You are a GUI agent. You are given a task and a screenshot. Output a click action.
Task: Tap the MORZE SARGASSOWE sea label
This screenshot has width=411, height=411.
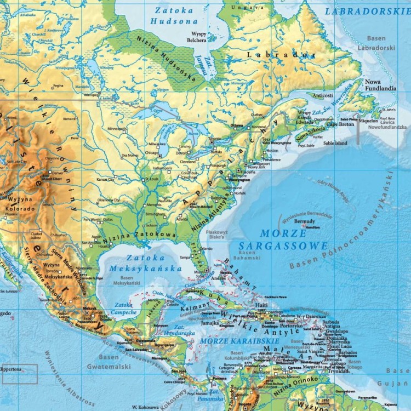(283, 240)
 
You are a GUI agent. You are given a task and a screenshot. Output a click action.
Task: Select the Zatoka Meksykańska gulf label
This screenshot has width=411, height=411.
(145, 263)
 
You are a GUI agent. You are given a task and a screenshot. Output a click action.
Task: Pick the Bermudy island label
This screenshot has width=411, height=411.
(305, 221)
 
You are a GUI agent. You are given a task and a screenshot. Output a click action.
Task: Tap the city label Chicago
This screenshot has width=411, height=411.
(147, 153)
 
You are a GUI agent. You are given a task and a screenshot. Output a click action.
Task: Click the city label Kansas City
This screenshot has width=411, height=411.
(105, 179)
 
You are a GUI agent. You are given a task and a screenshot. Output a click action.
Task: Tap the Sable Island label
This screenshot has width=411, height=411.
(335, 143)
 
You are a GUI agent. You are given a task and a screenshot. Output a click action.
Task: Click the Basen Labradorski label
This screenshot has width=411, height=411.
(376, 44)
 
